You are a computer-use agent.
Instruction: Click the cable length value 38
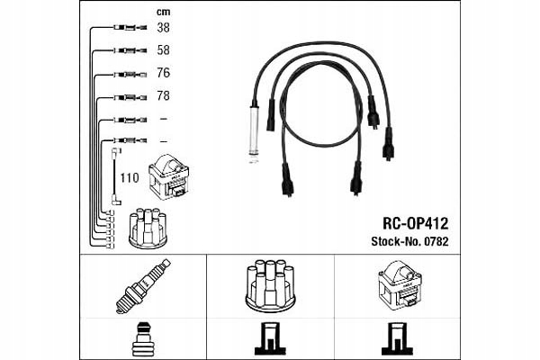coord(163,29)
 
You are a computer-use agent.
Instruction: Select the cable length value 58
coord(163,50)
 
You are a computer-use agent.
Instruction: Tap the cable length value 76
coord(163,73)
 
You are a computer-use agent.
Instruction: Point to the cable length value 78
coord(163,95)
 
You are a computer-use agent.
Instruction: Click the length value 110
coord(130,178)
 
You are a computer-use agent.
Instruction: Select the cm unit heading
coord(163,12)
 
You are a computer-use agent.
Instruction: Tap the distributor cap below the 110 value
coord(146,229)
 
